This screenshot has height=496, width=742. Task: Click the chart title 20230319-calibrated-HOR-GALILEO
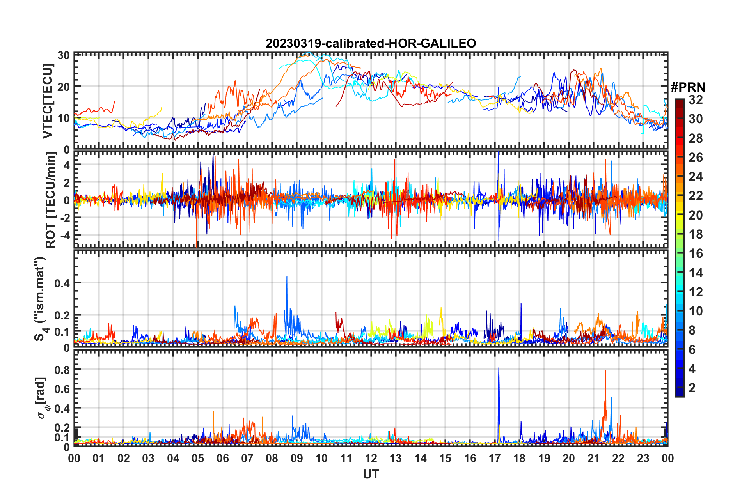371,43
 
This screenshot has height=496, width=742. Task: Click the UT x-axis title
371,474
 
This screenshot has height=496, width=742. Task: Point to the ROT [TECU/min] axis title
51,200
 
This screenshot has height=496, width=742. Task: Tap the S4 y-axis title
41,299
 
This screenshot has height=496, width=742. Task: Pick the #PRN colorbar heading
688,87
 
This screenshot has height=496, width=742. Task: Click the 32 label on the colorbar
696,100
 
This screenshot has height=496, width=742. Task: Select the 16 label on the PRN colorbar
696,253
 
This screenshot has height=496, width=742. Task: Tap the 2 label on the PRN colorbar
692,388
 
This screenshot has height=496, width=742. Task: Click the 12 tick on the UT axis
371,458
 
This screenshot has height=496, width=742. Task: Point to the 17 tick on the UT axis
495,458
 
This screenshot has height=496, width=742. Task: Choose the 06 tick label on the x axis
222,458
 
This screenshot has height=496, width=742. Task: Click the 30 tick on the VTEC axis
64,55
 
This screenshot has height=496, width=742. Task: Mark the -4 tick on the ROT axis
65,236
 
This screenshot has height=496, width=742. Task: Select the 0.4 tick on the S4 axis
62,283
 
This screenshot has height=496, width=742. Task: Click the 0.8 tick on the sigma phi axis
62,370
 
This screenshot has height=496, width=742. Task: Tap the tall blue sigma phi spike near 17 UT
499,368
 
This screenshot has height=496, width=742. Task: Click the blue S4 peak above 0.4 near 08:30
287,277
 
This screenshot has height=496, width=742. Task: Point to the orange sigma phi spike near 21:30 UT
605,371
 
